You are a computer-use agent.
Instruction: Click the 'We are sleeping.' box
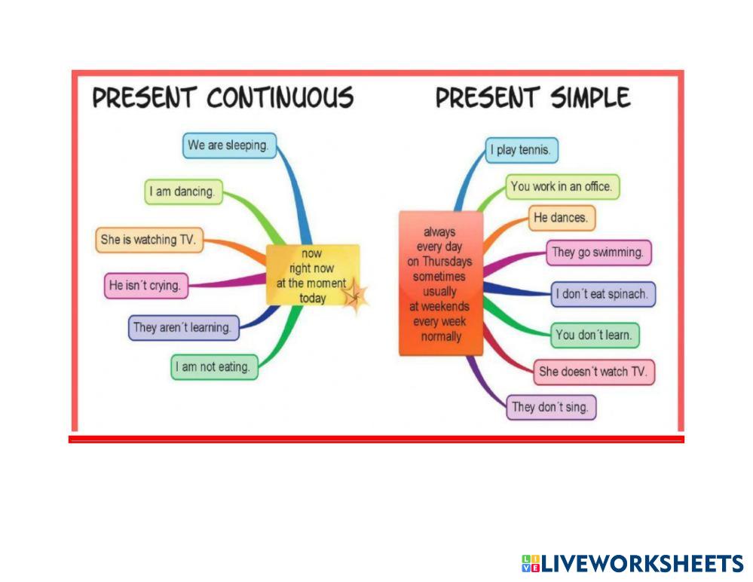pos(229,145)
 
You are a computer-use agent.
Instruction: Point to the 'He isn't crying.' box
pos(146,286)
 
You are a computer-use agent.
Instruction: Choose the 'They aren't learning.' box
pos(183,328)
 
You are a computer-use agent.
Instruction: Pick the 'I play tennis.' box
pos(522,150)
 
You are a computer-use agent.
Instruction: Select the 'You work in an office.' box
pos(562,186)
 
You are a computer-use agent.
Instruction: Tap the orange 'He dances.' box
pos(562,219)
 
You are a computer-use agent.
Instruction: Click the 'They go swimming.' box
pos(598,253)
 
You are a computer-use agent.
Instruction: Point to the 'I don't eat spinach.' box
pos(603,294)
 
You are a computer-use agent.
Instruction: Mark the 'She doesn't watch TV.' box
pos(593,372)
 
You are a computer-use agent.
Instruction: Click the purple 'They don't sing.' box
pos(550,407)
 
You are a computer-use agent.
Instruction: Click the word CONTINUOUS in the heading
pos(280,99)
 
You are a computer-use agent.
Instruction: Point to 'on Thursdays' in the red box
pos(440,262)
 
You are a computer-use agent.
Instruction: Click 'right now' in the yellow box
pos(312,268)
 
